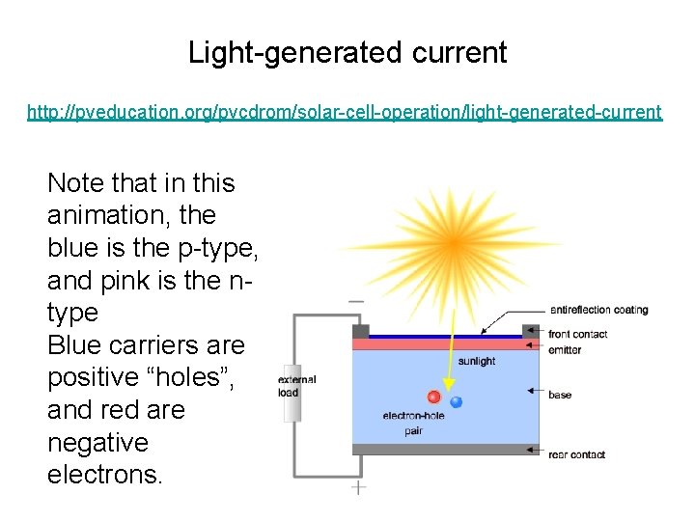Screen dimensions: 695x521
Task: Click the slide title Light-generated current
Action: [x=347, y=52]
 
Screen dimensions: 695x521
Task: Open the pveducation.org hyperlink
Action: [x=345, y=113]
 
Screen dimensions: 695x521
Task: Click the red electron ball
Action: [x=434, y=397]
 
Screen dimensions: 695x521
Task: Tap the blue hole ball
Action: [x=456, y=401]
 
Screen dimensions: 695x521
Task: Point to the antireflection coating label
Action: [x=598, y=310]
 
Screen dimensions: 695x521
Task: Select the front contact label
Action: [x=577, y=334]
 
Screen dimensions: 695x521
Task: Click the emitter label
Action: [x=565, y=349]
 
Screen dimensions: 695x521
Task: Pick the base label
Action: [x=560, y=395]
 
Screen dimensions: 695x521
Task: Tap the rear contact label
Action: [x=577, y=454]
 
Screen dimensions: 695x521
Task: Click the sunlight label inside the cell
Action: [x=477, y=361]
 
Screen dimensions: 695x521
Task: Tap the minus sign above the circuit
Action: [x=356, y=301]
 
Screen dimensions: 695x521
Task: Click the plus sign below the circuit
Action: [x=358, y=488]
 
